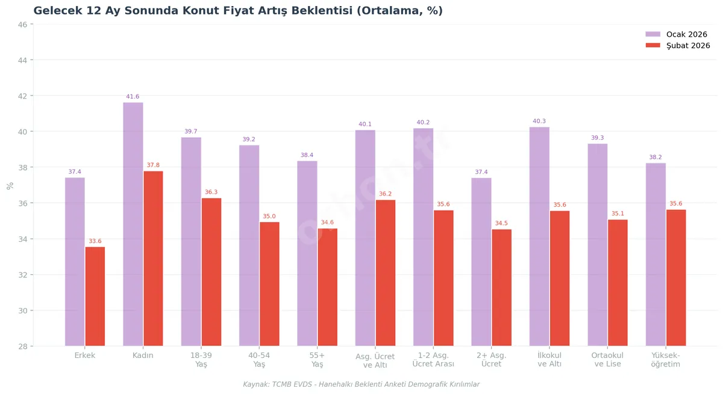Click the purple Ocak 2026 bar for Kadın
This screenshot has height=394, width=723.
coord(133,224)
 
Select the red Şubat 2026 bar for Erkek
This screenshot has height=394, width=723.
coord(95,296)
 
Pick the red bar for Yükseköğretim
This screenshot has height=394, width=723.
coord(676,277)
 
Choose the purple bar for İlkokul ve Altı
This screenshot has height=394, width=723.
coord(539,236)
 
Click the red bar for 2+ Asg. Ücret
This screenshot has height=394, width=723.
coord(501,288)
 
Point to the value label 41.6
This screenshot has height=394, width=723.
coord(133,97)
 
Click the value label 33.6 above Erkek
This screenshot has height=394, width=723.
coord(95,241)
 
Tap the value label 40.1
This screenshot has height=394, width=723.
coord(365,125)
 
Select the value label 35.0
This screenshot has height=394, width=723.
coord(269,217)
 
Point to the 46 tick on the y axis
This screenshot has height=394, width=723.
coord(22,25)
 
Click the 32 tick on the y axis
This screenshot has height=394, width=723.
coord(22,275)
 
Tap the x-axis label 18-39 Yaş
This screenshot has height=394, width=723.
coord(201,360)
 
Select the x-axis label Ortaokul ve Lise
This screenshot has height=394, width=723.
coord(607,360)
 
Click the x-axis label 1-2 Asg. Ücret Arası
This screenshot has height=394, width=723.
coord(433,360)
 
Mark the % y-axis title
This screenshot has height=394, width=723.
coord(10,185)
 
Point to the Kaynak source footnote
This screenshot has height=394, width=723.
coord(361,384)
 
